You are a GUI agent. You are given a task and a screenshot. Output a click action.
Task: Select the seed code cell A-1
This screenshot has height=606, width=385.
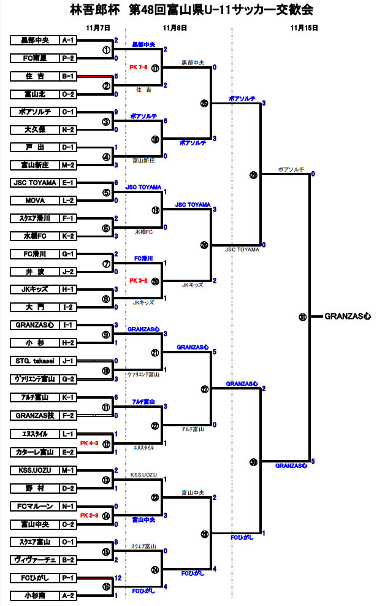click(67, 40)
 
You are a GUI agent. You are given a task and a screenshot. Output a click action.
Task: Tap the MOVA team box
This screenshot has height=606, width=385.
click(34, 201)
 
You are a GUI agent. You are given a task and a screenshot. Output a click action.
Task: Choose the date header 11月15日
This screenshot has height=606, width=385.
click(304, 28)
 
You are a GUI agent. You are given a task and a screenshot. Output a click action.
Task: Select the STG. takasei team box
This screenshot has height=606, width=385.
click(34, 361)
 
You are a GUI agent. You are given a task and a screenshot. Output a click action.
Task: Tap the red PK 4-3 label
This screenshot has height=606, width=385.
click(90, 443)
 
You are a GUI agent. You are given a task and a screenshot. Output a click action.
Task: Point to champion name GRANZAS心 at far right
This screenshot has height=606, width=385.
click(348, 316)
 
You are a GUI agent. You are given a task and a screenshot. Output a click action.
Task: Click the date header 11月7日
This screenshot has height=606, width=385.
click(98, 28)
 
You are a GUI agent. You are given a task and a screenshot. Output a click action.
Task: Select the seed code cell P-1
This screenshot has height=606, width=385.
click(67, 578)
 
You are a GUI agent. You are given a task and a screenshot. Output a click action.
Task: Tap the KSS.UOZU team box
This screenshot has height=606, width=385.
click(34, 470)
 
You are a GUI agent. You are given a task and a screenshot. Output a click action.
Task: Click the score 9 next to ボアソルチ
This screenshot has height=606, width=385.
click(116, 112)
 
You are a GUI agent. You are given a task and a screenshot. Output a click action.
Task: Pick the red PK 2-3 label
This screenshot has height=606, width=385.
click(90, 515)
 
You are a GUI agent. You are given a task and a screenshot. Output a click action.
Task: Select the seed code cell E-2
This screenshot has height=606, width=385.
click(67, 452)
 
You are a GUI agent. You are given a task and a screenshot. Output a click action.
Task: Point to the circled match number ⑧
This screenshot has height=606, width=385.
click(107, 299)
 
